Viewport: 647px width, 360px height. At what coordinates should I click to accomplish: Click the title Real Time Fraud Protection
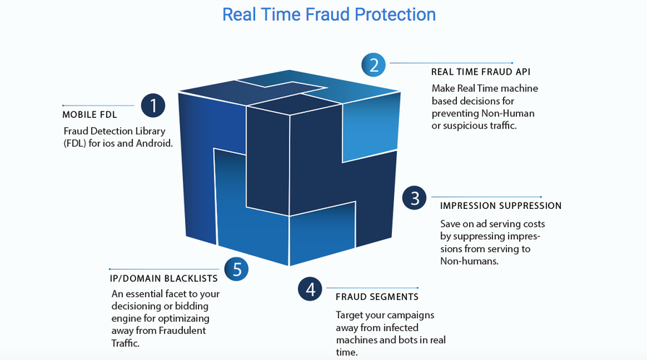[x=329, y=14]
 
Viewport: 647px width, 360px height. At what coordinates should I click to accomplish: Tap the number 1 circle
[x=153, y=106]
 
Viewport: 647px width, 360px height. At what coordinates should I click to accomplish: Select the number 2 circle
[x=374, y=65]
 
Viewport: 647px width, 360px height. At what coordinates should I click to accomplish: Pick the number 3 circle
[x=414, y=198]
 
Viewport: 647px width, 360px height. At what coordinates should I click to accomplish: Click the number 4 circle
[x=310, y=288]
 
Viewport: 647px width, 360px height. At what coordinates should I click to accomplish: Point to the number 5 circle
[x=236, y=269]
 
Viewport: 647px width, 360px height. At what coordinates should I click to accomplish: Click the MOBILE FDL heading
[x=90, y=115]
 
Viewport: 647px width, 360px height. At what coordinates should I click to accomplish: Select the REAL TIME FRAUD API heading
[x=481, y=72]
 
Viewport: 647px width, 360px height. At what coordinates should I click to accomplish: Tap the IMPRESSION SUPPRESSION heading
[x=500, y=205]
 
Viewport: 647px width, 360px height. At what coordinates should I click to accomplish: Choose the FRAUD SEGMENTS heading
[x=377, y=297]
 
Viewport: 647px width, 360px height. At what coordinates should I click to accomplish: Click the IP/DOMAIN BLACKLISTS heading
[x=163, y=278]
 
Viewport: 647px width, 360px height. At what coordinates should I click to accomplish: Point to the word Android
[x=154, y=143]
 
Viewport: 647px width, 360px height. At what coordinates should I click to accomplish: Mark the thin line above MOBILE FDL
[x=98, y=106]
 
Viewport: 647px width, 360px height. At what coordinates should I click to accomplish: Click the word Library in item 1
[x=150, y=132]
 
